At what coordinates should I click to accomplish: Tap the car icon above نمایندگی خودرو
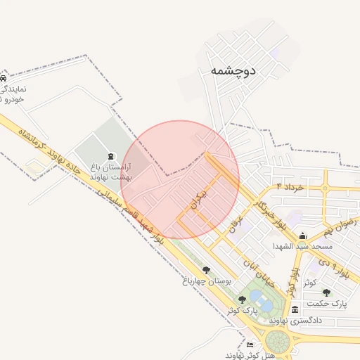pos(4,77)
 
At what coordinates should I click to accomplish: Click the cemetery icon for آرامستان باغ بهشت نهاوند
pos(109,156)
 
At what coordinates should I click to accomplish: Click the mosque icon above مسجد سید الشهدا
pos(303,236)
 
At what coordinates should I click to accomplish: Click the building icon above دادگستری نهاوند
pos(294,309)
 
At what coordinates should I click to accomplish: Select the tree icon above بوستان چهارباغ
pos(206,269)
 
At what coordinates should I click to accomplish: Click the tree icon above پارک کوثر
pos(242,299)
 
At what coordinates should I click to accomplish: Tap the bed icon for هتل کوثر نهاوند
pos(250,345)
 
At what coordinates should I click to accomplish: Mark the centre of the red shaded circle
pos(181,179)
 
